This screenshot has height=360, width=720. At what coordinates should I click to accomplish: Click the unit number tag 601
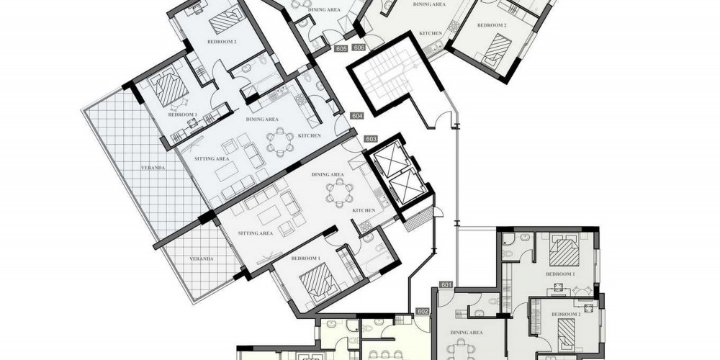click(x=446, y=284)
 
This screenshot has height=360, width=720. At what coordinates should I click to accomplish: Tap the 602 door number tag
click(x=423, y=311)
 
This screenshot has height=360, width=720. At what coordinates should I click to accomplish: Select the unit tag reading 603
click(x=371, y=139)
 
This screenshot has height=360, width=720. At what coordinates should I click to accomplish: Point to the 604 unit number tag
click(x=357, y=116)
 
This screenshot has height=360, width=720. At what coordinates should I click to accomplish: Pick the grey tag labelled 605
click(x=341, y=48)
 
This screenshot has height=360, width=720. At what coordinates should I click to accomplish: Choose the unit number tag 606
click(x=359, y=48)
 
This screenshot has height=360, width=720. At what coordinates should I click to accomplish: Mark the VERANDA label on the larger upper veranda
click(x=153, y=168)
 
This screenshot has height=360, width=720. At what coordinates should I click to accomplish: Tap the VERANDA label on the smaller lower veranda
click(x=202, y=259)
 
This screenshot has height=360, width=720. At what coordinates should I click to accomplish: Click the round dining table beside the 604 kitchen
click(x=279, y=142)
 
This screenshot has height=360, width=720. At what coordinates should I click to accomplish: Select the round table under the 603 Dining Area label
click(x=339, y=193)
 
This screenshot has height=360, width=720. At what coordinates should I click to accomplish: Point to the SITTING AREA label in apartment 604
click(x=212, y=159)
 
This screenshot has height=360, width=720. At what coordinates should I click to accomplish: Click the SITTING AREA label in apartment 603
click(x=256, y=233)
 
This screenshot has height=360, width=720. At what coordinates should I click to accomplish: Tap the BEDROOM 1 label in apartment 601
click(x=560, y=274)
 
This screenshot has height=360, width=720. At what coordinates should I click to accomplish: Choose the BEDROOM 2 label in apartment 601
click(x=566, y=314)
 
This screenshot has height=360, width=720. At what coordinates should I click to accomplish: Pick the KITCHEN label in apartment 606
click(x=431, y=33)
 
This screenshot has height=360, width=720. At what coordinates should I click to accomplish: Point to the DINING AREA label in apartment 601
click(x=466, y=333)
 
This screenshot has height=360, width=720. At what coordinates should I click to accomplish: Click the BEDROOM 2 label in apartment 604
click(x=222, y=42)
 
